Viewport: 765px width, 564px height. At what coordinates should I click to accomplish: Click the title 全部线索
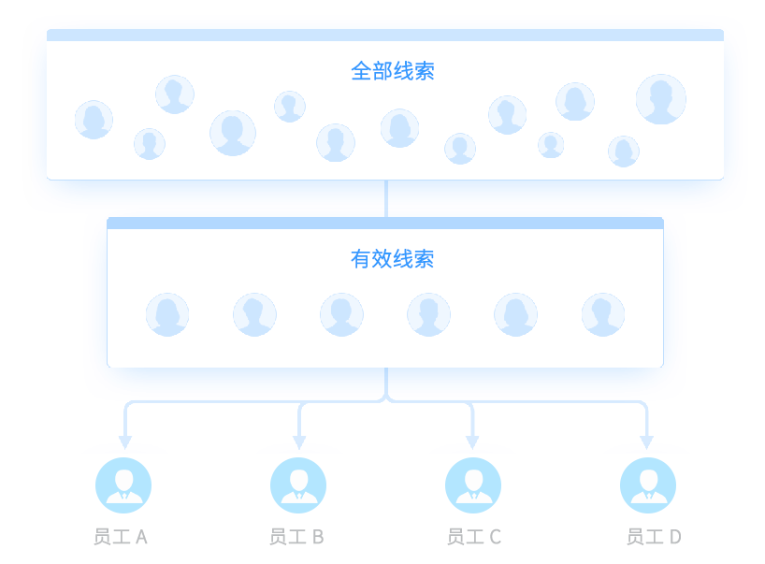(x=392, y=71)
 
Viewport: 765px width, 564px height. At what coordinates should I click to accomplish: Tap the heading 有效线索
(x=392, y=259)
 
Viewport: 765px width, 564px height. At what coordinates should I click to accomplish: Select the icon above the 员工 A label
(x=123, y=484)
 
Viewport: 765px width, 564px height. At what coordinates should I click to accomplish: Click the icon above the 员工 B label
(x=297, y=484)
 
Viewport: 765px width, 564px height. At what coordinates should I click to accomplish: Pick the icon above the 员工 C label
(x=472, y=484)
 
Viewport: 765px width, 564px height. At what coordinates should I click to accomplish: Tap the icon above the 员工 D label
(x=647, y=484)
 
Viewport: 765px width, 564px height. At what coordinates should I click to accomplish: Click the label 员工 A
(x=121, y=537)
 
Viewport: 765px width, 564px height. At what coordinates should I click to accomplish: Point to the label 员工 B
(x=296, y=537)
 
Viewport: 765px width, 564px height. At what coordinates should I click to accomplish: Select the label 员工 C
(x=473, y=537)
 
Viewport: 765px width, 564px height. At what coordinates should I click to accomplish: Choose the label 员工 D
(x=653, y=537)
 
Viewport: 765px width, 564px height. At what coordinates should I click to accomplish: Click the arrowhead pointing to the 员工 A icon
(x=125, y=441)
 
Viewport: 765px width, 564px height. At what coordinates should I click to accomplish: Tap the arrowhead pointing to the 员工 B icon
(x=299, y=441)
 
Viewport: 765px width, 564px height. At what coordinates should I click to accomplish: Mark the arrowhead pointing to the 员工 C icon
(x=472, y=441)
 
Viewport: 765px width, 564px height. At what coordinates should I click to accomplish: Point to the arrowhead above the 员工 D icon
(x=646, y=441)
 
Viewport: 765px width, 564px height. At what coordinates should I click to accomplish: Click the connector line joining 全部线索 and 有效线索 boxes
(x=385, y=198)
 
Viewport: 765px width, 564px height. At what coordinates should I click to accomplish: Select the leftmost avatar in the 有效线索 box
(x=167, y=314)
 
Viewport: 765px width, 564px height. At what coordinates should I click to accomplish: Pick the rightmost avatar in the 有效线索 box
(x=603, y=314)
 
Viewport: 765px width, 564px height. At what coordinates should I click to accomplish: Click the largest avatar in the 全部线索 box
(x=661, y=99)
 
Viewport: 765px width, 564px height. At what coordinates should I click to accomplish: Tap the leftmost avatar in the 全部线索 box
(x=94, y=120)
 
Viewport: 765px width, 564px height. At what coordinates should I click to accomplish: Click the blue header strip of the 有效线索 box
(x=385, y=223)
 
